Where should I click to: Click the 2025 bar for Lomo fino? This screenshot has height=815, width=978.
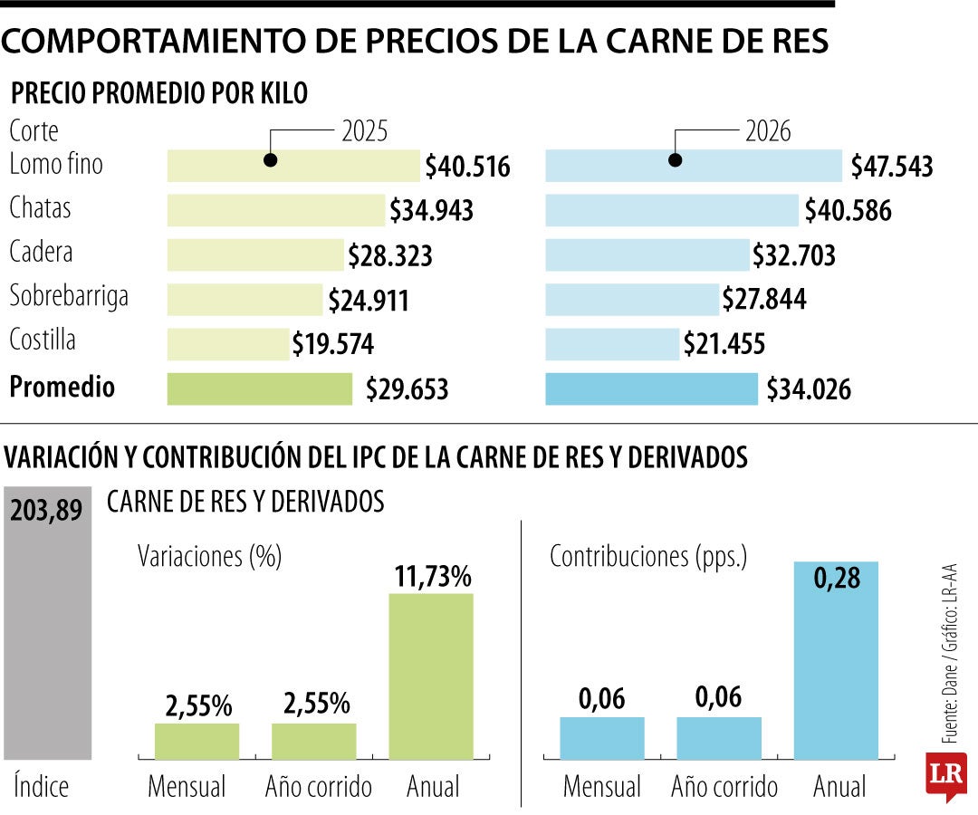pyautogui.click(x=293, y=166)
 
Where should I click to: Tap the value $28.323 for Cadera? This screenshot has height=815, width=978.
pyautogui.click(x=390, y=255)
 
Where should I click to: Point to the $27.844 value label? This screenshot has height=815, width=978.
pyautogui.click(x=763, y=299)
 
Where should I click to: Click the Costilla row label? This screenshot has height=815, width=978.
pyautogui.click(x=43, y=341)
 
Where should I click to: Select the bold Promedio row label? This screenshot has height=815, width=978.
pyautogui.click(x=62, y=388)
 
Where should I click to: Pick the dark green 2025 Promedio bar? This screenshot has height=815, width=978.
pyautogui.click(x=260, y=388)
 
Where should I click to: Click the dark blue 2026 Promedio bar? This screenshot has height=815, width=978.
pyautogui.click(x=651, y=388)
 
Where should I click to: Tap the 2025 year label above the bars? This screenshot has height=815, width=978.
pyautogui.click(x=364, y=132)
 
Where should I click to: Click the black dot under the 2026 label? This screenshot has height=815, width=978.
pyautogui.click(x=675, y=160)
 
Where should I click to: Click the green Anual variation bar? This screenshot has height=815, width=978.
pyautogui.click(x=431, y=676)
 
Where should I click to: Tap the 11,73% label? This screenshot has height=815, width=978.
pyautogui.click(x=431, y=576)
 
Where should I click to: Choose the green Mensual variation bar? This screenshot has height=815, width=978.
pyautogui.click(x=197, y=741)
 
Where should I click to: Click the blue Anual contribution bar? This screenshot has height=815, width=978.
pyautogui.click(x=836, y=661)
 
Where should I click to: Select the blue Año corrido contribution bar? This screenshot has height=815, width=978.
pyautogui.click(x=719, y=738)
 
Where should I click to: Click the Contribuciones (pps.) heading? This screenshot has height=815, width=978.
pyautogui.click(x=648, y=557)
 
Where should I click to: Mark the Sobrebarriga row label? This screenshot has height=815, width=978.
pyautogui.click(x=69, y=297)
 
